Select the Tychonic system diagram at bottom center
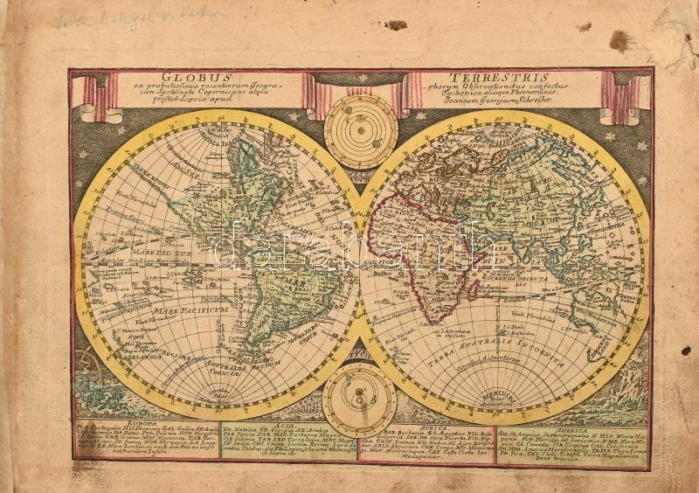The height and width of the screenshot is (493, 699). coord(359,399)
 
